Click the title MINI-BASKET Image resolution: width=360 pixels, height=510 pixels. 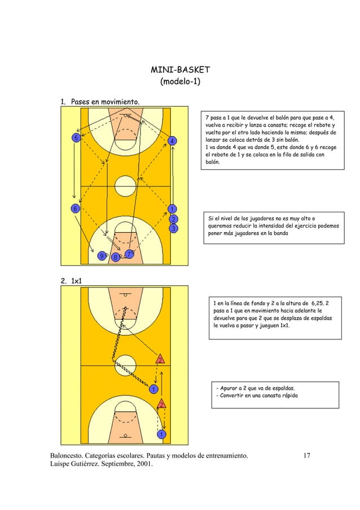coord(179,70)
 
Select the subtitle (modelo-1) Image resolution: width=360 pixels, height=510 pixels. coord(179,82)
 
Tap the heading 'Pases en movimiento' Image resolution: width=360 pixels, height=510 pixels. coord(105,102)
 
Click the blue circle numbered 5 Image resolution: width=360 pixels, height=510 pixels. coord(74,138)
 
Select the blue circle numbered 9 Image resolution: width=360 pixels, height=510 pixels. coord(102,256)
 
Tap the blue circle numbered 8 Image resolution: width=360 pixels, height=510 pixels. coord(116,258)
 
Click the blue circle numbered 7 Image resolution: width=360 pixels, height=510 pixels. coord(129,254)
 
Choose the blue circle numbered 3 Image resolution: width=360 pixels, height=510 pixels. coord(174,228)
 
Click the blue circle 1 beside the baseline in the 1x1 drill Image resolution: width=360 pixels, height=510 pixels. coord(161,434)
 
